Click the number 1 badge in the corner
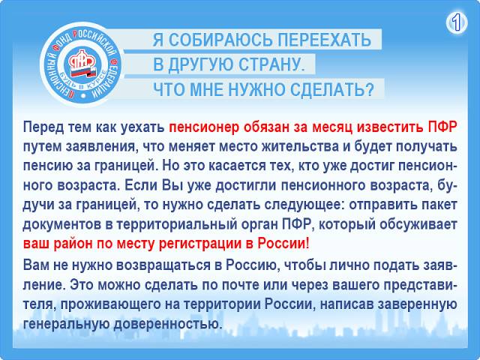pyautogui.click(x=457, y=22)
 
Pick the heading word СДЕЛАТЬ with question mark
pyautogui.click(x=331, y=90)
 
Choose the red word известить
pyautogui.click(x=390, y=126)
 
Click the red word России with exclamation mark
pyautogui.click(x=283, y=243)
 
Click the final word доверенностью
pyautogui.click(x=168, y=323)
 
